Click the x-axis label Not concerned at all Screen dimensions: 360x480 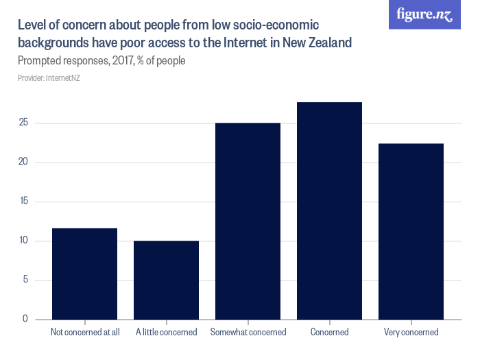point(85,333)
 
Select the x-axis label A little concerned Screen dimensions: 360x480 point(166,333)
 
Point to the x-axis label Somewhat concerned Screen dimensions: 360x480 point(248,333)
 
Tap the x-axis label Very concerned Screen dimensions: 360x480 point(411,333)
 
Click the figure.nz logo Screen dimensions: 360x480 point(424,14)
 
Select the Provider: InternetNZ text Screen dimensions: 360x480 point(49,78)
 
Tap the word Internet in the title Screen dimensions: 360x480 point(250,43)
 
